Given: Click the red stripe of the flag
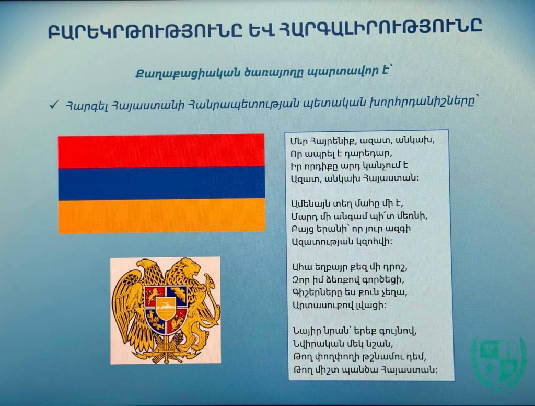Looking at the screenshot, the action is point(161,151).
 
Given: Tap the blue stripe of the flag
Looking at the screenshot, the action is point(161,184).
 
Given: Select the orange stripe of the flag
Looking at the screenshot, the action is point(162,216).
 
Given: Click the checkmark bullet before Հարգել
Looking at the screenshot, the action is point(54,105).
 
